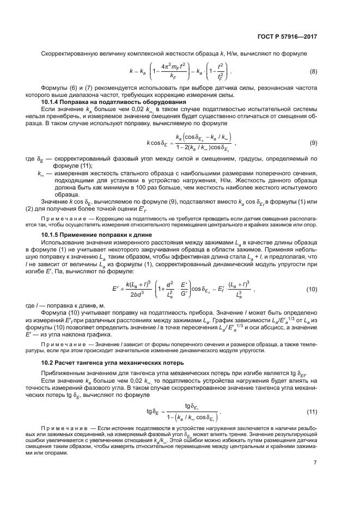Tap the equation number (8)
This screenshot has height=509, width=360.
coord(313,71)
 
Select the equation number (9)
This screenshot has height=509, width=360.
coord(313,143)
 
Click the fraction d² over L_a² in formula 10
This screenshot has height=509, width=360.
coord(171,289)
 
